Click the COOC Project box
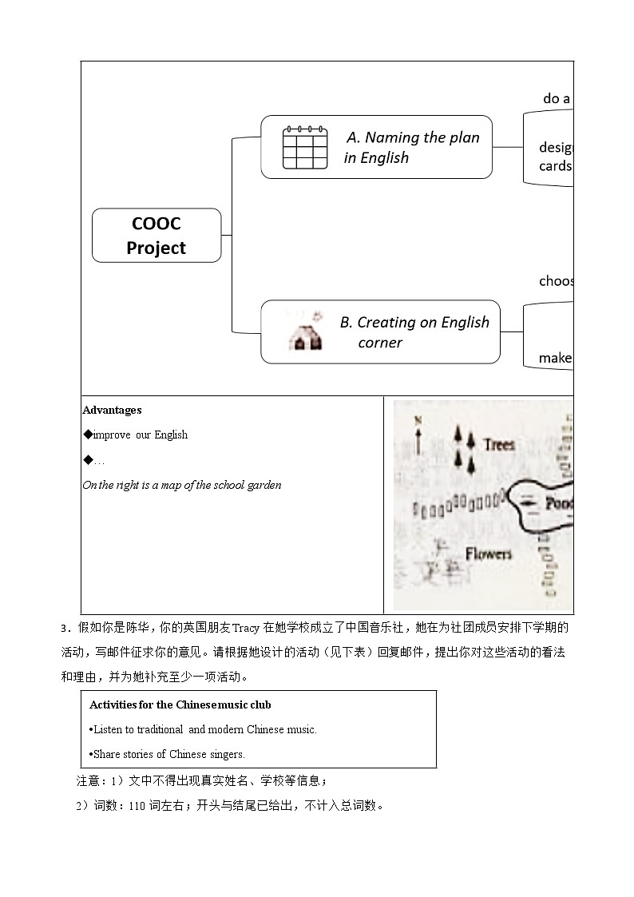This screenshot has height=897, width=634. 157,236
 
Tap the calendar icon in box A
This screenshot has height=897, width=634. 305,147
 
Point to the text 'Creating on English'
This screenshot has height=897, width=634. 414,322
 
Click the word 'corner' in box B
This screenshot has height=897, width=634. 380,343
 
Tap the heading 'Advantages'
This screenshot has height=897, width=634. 112,410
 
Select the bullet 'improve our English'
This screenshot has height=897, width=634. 140,435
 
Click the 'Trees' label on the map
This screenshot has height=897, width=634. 499,444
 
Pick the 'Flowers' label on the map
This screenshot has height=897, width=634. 488,553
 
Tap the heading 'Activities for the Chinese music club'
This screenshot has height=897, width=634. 180,705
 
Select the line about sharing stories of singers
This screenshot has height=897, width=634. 168,754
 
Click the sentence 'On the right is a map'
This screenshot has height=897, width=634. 182,485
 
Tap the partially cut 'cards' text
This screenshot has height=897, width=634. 556,166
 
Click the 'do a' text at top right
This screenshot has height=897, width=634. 557,98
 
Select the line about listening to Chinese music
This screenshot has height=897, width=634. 204,729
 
